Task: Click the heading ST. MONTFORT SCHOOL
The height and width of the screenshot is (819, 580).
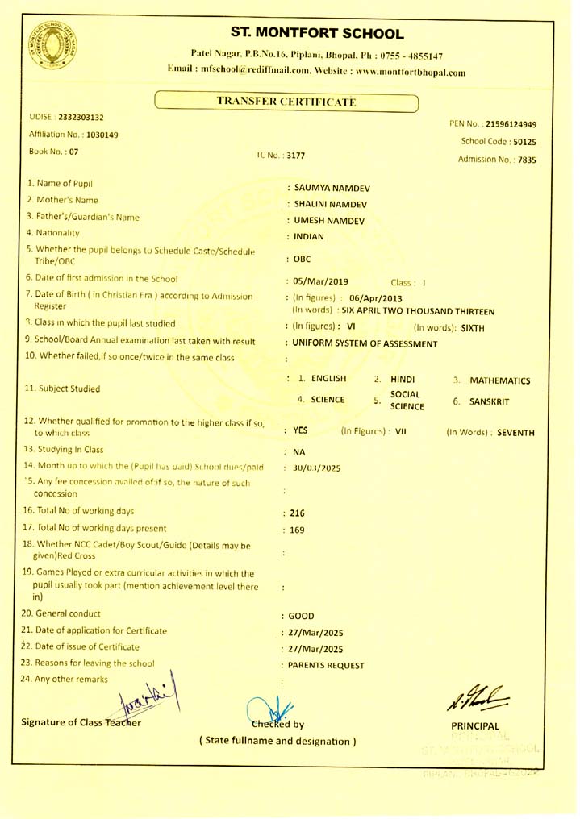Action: point(317,34)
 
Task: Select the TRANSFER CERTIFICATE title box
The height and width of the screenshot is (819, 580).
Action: point(286,102)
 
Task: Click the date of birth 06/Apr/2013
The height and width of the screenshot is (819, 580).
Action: point(376,298)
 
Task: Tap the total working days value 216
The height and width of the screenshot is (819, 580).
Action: point(298,513)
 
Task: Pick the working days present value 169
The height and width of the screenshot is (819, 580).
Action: point(298,530)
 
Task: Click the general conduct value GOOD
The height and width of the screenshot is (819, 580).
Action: point(301,617)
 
